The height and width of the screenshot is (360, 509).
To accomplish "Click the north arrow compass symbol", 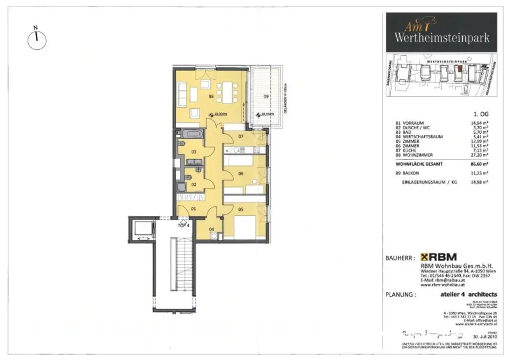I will click(36, 40).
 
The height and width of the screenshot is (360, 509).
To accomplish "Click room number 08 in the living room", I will click(211, 96).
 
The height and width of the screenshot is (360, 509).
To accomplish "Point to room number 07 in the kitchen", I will click(240, 136).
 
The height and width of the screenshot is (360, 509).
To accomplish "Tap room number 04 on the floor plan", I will click(212, 229).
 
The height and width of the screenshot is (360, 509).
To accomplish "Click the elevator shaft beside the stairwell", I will click(141, 228).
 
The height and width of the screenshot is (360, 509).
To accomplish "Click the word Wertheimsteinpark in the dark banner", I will click(442, 37).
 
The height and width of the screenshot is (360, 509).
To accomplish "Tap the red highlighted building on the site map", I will click(460, 70).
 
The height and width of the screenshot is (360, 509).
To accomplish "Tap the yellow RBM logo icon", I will click(425, 257).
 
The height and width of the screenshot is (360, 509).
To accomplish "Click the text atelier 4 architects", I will click(468, 294).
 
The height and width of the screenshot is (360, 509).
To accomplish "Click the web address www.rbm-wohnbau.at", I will click(442, 285).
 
